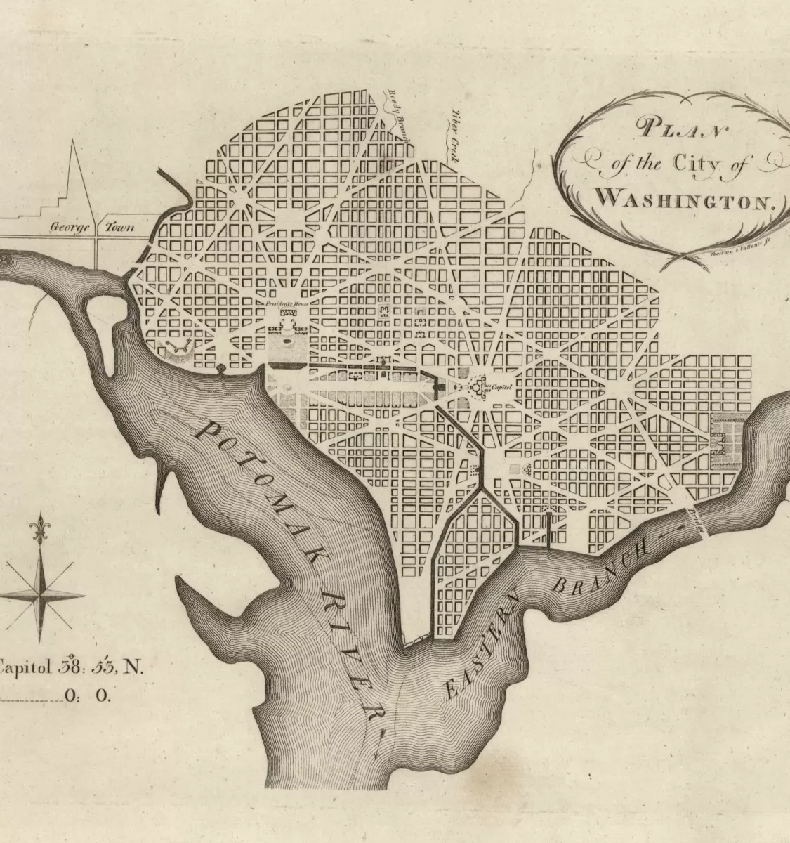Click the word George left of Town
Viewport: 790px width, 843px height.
[67, 228]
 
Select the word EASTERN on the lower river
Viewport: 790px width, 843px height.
[485, 643]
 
